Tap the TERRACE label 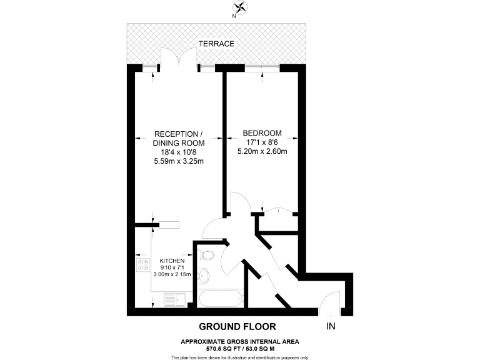(x=216, y=44)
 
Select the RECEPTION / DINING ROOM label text (x=179, y=139)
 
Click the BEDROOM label (x=262, y=133)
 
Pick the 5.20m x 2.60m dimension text (x=262, y=151)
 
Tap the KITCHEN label (x=172, y=261)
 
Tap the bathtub (x=219, y=298)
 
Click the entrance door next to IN (x=329, y=305)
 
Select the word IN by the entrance (x=330, y=326)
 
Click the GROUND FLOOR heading (x=237, y=326)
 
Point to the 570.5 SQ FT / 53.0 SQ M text (x=240, y=347)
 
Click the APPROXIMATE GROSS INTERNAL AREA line (x=240, y=341)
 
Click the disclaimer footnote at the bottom (x=240, y=357)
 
